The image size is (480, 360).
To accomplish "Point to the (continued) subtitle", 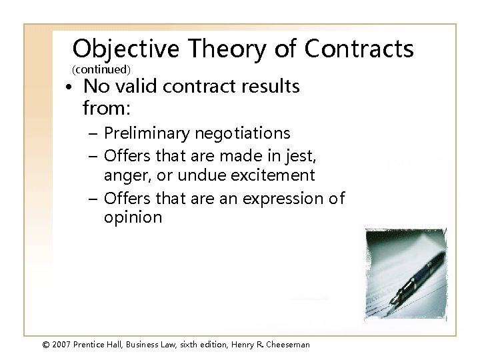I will (x=101, y=69).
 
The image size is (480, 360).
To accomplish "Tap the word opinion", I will (x=133, y=218).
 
